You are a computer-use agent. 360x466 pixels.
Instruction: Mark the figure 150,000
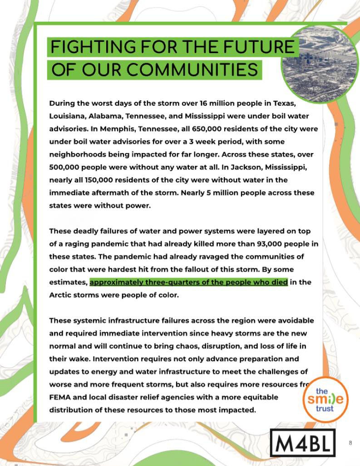coord(108,180)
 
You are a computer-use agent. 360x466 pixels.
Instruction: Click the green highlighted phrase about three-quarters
coord(188,282)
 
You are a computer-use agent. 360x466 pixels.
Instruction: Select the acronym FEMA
coord(60,397)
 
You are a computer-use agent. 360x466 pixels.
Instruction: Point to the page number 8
coord(350,443)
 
